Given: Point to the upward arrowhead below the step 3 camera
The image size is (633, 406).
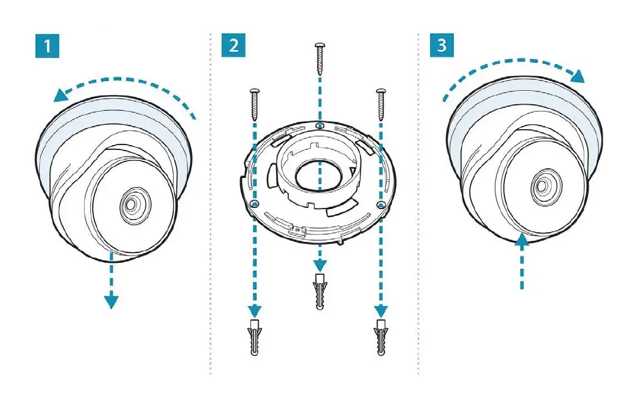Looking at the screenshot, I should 522,242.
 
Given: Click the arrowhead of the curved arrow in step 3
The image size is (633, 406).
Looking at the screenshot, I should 577,76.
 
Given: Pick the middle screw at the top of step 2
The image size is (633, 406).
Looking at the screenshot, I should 320,59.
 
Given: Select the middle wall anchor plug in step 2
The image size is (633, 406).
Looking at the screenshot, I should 320,292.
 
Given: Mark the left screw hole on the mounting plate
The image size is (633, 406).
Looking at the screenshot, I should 255,202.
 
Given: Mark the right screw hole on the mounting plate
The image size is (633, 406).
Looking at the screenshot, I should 381,202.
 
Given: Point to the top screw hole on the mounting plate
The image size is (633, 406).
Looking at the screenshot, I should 320,126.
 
